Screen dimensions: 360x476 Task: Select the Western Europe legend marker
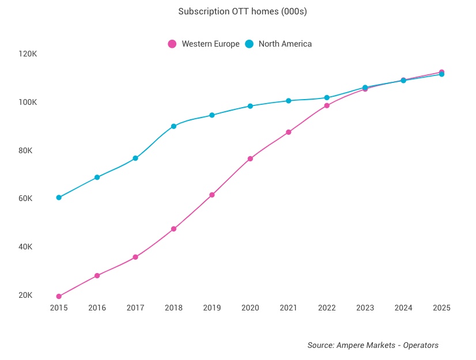(172, 44)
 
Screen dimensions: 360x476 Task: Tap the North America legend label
(285, 44)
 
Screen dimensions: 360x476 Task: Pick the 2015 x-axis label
(59, 308)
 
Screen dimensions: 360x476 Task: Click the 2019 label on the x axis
(212, 308)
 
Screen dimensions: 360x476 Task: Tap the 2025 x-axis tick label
(441, 308)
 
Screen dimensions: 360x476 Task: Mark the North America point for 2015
(59, 198)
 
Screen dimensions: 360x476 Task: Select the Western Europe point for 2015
(59, 296)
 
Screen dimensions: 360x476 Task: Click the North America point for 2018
(173, 126)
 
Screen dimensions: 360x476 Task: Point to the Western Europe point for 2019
(212, 195)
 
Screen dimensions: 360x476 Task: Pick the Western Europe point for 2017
(135, 257)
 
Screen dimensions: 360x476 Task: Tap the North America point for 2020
(250, 106)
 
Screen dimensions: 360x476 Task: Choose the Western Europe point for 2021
(289, 132)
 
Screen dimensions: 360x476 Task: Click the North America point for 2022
(327, 98)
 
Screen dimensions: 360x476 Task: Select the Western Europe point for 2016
(97, 275)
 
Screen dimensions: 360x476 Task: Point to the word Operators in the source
(421, 345)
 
